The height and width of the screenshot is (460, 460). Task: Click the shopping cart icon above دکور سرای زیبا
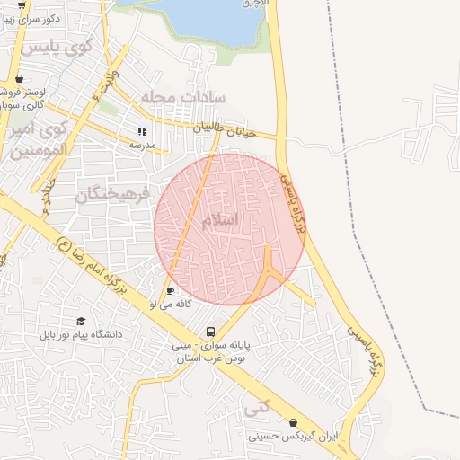click(20, 4)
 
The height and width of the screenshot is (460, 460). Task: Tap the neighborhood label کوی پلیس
click(60, 47)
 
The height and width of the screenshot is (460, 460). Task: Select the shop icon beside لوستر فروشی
click(20, 77)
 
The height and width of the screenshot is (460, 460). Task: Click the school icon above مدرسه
click(142, 132)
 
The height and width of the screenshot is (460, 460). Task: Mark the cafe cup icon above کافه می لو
click(171, 290)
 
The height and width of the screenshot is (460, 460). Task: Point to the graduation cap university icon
click(81, 321)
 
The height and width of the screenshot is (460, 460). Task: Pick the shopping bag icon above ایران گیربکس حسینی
click(293, 421)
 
